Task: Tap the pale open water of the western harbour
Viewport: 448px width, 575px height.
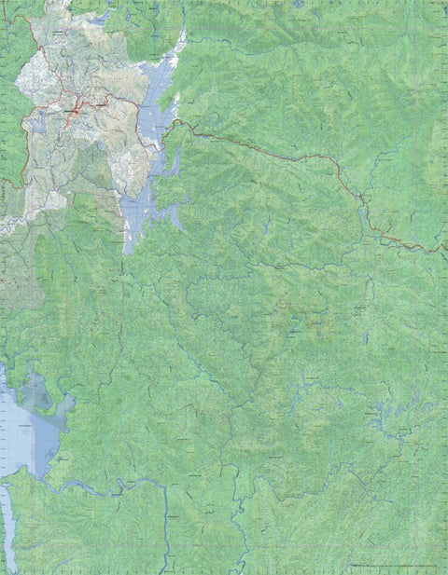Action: (19, 438)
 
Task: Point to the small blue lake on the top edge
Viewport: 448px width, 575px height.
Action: (298, 4)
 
